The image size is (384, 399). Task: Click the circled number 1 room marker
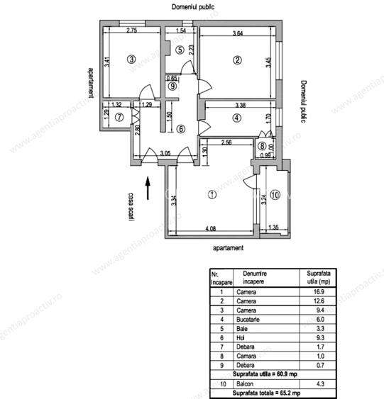tap(210, 193)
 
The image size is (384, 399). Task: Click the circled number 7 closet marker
tap(119, 117)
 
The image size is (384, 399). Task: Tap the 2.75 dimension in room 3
tap(131, 30)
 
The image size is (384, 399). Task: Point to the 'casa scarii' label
tap(131, 208)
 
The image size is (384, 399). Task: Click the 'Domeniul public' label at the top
tap(194, 6)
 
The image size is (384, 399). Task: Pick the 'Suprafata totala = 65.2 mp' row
tap(273, 393)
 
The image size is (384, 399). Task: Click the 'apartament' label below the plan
tap(228, 249)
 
